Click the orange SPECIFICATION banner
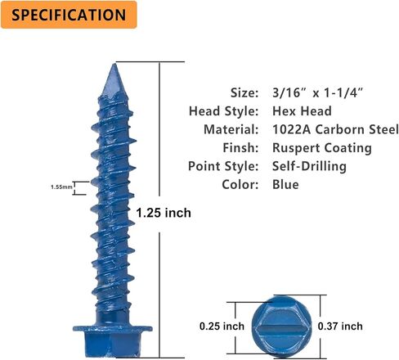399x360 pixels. (x=69, y=15)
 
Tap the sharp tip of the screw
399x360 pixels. (x=114, y=64)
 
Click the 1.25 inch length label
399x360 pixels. (x=164, y=213)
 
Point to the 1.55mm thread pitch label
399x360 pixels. (x=62, y=187)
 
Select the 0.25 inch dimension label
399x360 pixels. (x=222, y=326)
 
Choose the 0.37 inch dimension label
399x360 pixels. (x=340, y=326)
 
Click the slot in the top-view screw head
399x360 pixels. (x=281, y=326)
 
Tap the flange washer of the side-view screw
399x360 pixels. (x=112, y=329)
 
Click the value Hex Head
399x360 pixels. (x=302, y=111)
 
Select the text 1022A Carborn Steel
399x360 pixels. (x=335, y=129)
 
